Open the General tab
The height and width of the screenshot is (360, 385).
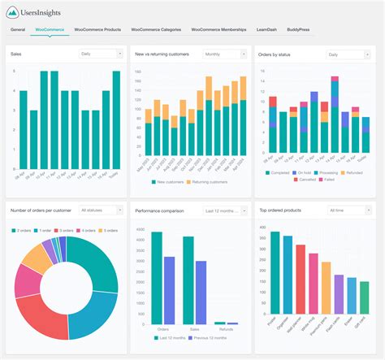18,29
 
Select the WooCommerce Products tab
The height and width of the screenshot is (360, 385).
97,29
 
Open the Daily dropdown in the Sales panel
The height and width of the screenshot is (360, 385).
100,54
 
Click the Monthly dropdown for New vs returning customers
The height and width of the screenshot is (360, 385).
224,54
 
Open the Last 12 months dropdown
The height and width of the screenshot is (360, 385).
224,210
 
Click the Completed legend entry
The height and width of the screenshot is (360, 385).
277,172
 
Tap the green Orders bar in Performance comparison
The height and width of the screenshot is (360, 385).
157,277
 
